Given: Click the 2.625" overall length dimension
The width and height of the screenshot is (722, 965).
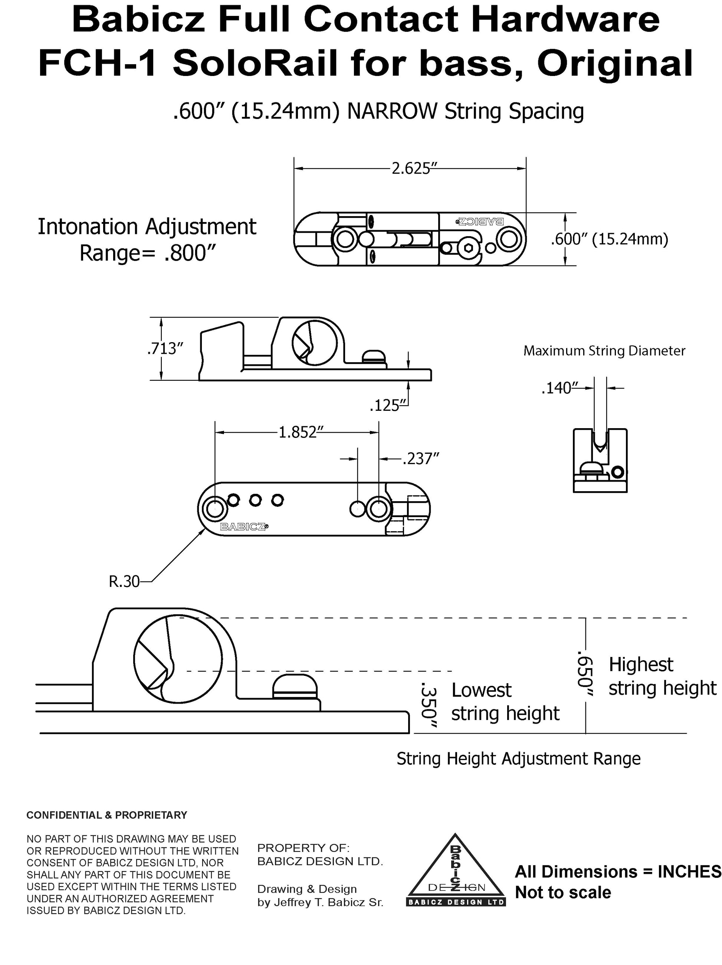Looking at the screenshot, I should click(x=410, y=168).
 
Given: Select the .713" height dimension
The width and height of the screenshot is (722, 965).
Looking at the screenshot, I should click(x=165, y=349).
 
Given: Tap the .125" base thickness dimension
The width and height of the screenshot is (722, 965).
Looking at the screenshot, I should click(x=385, y=406).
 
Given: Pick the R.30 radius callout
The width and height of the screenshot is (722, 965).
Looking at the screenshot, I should click(x=124, y=582).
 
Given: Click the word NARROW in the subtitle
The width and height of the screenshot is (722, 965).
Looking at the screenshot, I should click(x=391, y=111).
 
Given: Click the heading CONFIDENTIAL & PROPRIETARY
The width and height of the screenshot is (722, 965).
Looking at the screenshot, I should click(x=107, y=815).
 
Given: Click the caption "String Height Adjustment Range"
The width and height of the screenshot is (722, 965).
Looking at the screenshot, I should click(x=518, y=759).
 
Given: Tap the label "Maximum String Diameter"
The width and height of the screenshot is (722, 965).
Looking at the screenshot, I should click(x=604, y=351).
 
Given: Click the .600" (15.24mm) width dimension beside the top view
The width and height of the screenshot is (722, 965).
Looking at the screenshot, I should click(x=609, y=239).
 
